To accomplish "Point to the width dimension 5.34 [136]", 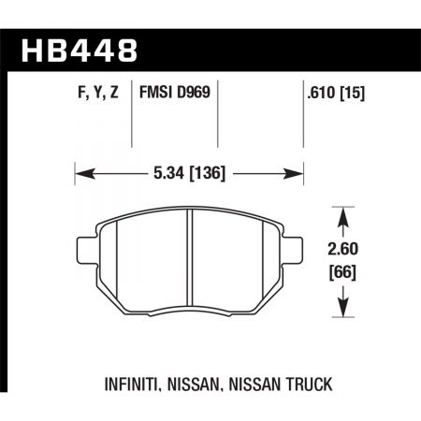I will pyautogui.click(x=191, y=174).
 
